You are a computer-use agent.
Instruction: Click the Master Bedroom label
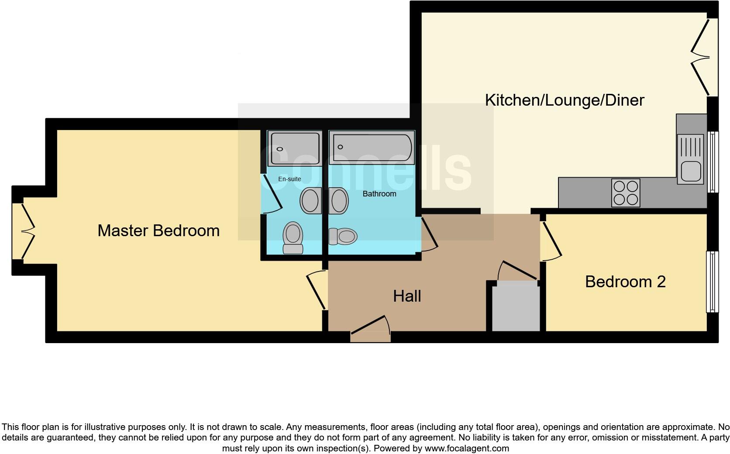(x=158, y=230)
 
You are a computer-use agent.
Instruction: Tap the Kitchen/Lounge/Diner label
(x=564, y=100)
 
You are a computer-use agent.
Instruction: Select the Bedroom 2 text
(x=625, y=282)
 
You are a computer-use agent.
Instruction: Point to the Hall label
(x=407, y=296)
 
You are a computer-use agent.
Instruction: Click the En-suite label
(x=289, y=179)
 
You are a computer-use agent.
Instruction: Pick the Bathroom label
(x=379, y=194)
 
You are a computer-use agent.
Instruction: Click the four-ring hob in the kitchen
(x=626, y=193)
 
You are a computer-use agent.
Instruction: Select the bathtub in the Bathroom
(x=372, y=148)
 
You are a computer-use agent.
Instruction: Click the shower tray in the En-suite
(x=294, y=148)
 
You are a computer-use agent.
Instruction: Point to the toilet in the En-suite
(x=293, y=237)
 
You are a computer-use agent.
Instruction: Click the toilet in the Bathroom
(x=343, y=237)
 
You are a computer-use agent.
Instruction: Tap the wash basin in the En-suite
(x=310, y=200)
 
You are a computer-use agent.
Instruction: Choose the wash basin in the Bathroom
(x=338, y=201)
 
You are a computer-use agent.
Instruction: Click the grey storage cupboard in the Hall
(x=516, y=306)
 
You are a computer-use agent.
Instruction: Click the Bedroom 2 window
(x=712, y=282)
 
